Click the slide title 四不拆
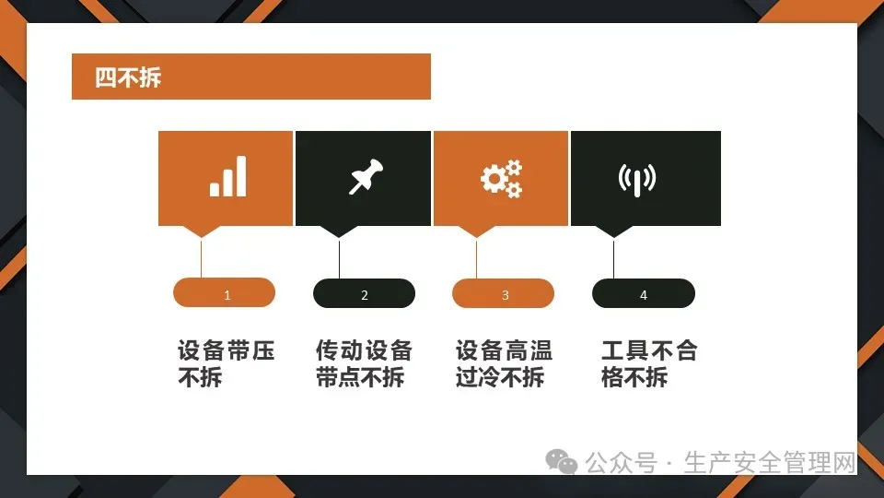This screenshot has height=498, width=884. coord(128,77)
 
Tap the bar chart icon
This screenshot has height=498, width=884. coord(227,176)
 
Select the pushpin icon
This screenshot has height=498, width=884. coord(366,176)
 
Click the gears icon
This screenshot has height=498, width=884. coord(501,179)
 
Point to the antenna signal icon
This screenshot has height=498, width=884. coord(637,180)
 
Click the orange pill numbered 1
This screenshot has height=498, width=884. coord(225,292)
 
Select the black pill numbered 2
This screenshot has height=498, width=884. coord(365,293)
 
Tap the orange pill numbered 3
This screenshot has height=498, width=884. coord(503,293)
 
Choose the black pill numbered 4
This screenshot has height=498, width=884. coord(644,293)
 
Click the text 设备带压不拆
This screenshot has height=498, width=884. coord(227,363)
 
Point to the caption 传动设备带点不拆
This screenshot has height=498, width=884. coord(365,363)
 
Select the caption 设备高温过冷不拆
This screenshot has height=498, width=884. coord(504,363)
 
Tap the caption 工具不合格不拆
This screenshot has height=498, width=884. coord(649,363)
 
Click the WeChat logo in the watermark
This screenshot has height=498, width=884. coord(561,462)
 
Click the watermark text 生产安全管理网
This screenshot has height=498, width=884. coord(770,463)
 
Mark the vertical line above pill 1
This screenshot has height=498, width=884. coord(202,258)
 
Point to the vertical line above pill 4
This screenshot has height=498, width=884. coord(613,258)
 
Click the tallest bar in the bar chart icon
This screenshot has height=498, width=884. coord(240,176)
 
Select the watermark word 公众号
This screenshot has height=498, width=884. coord(621,463)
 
